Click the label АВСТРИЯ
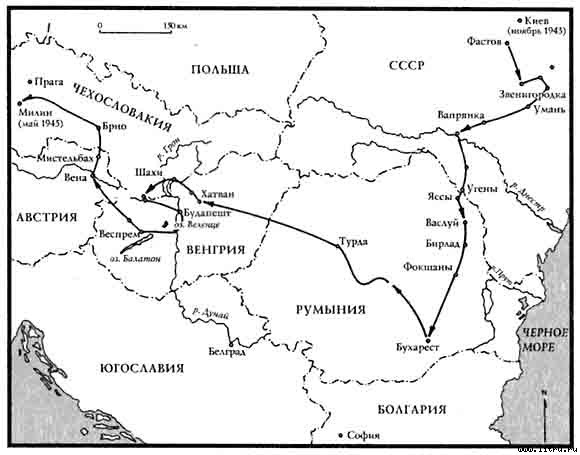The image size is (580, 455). click(x=41, y=216)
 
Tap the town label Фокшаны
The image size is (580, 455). click(x=429, y=267)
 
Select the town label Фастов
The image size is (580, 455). click(x=488, y=44)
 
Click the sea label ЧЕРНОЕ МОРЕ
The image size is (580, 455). click(x=545, y=339)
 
